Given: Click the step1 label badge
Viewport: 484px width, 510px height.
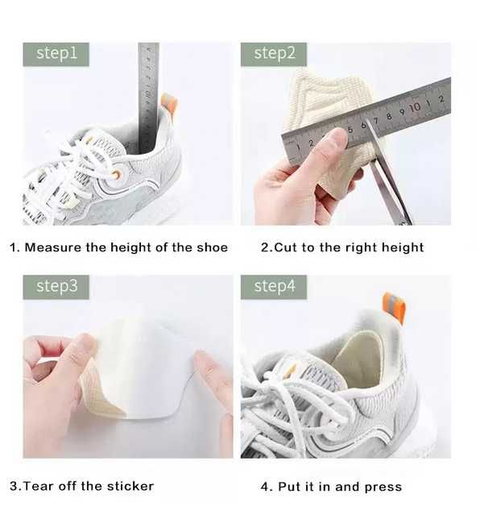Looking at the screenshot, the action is click(x=56, y=54).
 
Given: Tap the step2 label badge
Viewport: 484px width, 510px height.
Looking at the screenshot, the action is click(x=274, y=54).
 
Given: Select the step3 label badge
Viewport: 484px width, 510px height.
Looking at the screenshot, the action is click(x=56, y=287).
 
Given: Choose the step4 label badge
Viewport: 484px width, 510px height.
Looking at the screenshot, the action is click(x=274, y=287).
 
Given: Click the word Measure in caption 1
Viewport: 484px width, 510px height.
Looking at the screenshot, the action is click(x=53, y=247).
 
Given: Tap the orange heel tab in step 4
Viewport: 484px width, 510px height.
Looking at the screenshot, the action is click(x=395, y=307).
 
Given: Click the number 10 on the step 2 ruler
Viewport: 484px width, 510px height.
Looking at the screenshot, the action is click(x=415, y=107).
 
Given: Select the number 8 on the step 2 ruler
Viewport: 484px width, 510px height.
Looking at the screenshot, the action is click(x=389, y=116).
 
